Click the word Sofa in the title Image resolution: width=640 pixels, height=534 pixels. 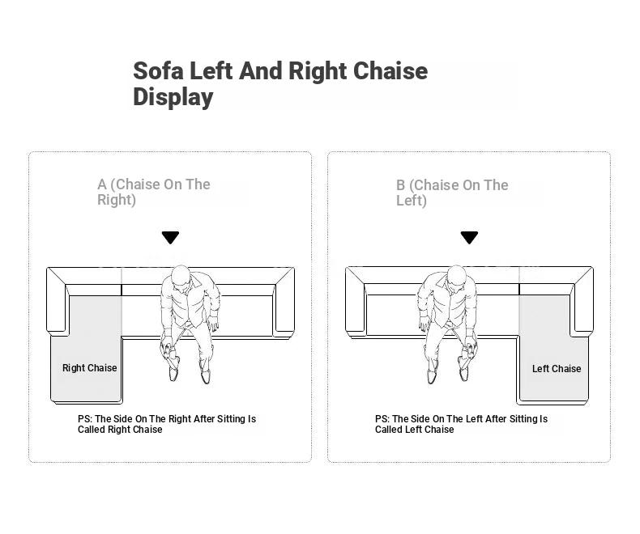(x=158, y=71)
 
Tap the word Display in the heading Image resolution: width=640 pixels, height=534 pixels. (x=173, y=97)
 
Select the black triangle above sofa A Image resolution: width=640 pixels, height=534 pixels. (x=170, y=237)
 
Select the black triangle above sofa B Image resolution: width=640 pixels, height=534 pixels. (x=469, y=237)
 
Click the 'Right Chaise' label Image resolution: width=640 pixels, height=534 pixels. (x=89, y=368)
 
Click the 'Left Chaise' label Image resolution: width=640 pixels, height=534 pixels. (x=557, y=368)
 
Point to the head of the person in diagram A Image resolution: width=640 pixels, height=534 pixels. (x=181, y=278)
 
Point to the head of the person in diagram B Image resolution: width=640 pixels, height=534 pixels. (x=457, y=278)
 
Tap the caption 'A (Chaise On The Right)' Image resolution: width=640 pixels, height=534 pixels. (x=153, y=192)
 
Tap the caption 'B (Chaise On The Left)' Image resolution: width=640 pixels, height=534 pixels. (x=452, y=193)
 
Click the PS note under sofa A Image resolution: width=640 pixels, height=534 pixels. (x=167, y=424)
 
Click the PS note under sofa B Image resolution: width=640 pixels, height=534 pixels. (x=461, y=424)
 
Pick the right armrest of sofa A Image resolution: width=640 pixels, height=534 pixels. (x=284, y=302)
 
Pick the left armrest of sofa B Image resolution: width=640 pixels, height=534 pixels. (x=356, y=302)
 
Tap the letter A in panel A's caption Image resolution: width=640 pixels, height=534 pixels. (x=102, y=184)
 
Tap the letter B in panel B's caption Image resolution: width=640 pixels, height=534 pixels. (x=401, y=185)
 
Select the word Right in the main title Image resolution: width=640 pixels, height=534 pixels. (x=318, y=72)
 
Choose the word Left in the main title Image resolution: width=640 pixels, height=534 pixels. (x=211, y=71)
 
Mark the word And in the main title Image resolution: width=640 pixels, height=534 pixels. (x=261, y=71)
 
